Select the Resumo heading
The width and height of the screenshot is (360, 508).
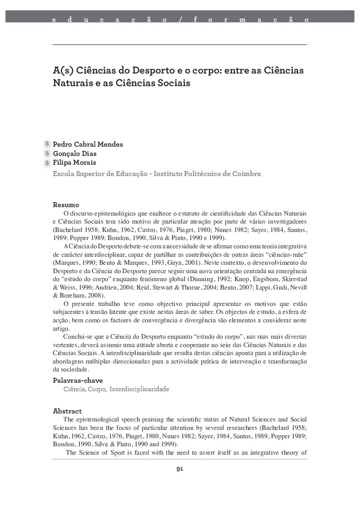[66, 205]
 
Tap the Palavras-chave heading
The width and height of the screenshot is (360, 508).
[78, 381]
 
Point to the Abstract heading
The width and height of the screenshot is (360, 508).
[67, 411]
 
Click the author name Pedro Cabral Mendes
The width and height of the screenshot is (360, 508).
[88, 145]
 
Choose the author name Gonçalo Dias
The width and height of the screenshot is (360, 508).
[75, 154]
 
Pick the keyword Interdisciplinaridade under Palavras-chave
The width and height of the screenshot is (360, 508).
[139, 390]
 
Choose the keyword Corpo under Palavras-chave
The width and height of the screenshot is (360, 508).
[97, 390]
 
